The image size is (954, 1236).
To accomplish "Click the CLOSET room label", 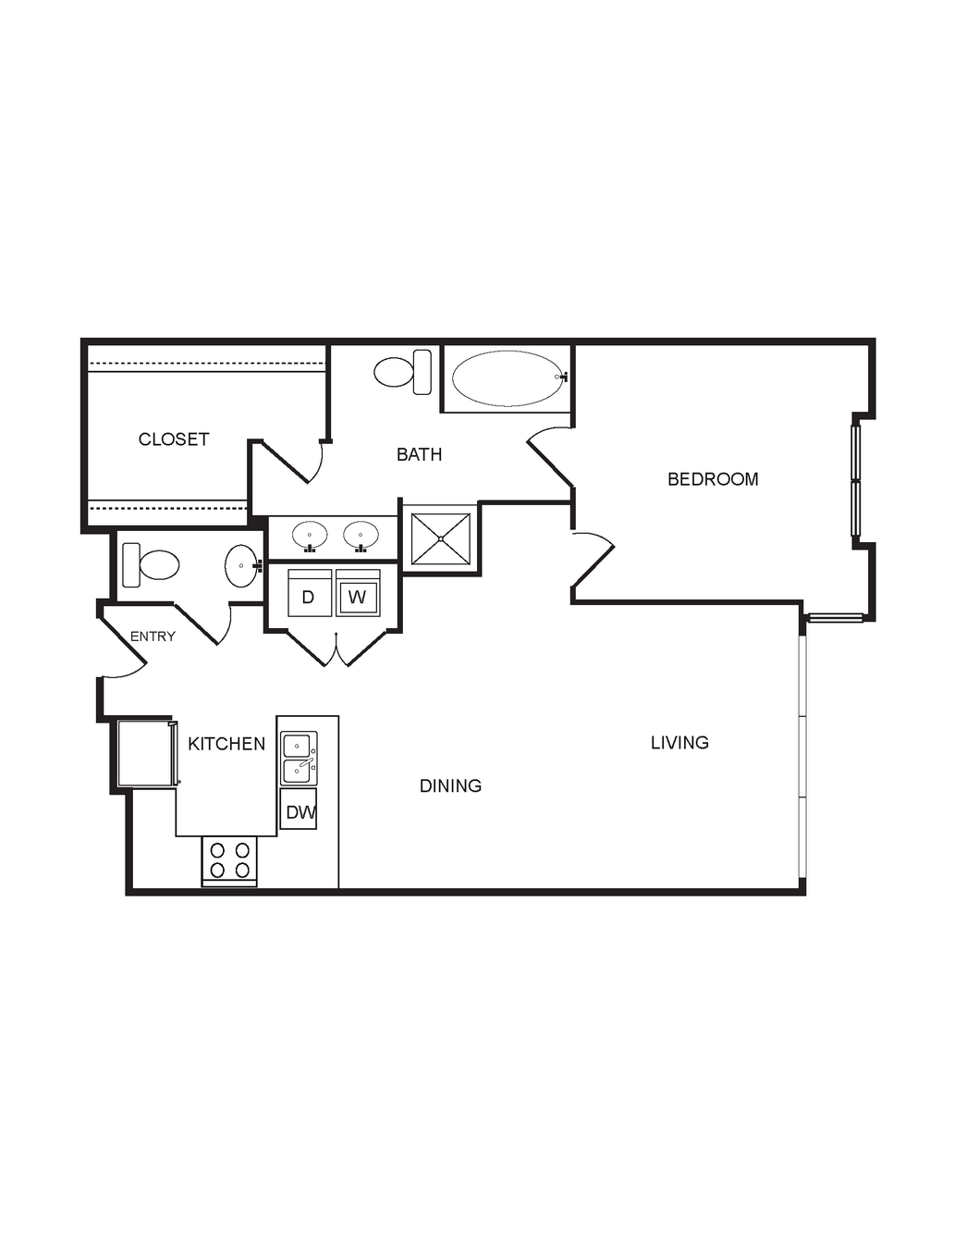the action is pos(174,439).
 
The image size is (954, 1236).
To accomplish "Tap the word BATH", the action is pos(420,454).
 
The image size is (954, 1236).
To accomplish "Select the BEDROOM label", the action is pos(713,479).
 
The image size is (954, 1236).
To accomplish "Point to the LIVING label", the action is pos(680,742).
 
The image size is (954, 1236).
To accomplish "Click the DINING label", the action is pos(450,786).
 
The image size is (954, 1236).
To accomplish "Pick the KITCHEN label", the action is pos(226,744).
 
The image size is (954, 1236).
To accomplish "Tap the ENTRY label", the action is pos(153,637).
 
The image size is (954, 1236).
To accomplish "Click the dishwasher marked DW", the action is pos(299,809).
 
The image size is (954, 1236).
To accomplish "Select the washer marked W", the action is pos(358,593).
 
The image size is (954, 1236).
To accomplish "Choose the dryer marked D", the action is pos(310,593).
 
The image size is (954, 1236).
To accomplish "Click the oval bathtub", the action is pos(508,378).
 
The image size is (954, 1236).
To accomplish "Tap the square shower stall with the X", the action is pos(440,538).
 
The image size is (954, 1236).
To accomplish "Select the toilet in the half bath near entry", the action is pos(151,565).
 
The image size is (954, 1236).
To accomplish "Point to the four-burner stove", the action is pos(229,860).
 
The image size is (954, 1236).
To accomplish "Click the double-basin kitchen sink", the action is pos(299,759).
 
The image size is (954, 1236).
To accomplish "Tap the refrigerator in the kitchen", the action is pos(147,754).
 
